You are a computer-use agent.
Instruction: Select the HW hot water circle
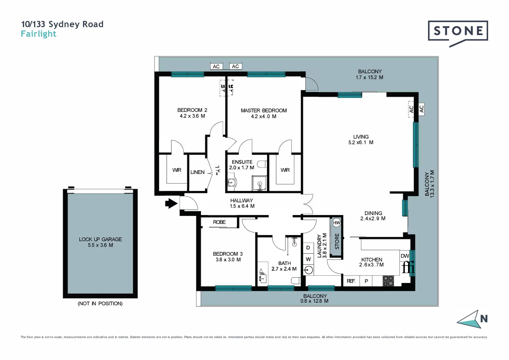tap(336, 223)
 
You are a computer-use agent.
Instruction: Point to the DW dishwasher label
tap(405, 256)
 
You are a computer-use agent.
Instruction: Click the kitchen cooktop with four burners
tap(388, 281)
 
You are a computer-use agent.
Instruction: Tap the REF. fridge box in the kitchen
tap(351, 281)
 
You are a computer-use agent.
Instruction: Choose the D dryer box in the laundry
tap(308, 248)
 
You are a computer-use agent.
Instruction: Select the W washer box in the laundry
tap(308, 259)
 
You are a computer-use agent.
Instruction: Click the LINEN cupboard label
tap(197, 172)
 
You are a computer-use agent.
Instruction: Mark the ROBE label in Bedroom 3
tap(219, 222)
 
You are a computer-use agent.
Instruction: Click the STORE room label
tap(337, 241)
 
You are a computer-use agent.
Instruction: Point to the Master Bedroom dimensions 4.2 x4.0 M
tap(263, 116)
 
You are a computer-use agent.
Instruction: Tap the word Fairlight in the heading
tap(39, 34)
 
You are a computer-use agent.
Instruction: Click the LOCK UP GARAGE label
tap(100, 239)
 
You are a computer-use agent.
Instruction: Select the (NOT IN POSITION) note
tap(100, 304)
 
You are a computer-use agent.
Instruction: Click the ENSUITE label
tap(242, 162)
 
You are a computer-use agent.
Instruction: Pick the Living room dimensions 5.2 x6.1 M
tap(361, 142)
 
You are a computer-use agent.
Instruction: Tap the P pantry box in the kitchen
tap(366, 281)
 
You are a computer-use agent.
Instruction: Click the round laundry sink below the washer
tap(309, 270)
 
